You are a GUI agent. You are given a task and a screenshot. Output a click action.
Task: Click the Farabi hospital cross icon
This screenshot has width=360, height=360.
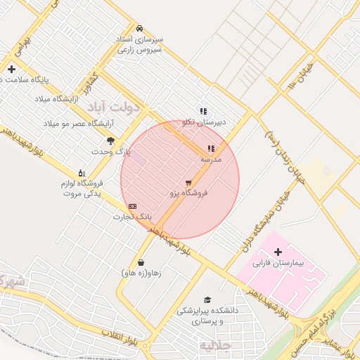278,252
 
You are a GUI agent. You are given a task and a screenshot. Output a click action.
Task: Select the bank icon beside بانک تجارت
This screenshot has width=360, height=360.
133,206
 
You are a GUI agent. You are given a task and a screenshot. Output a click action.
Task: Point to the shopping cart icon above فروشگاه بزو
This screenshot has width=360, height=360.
188,183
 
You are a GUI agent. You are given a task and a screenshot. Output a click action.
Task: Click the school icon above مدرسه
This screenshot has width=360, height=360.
211,149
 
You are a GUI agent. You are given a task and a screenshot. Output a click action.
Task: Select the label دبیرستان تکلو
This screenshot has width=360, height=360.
203,122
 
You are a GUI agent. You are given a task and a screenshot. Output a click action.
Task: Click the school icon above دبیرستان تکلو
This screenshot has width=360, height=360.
203,111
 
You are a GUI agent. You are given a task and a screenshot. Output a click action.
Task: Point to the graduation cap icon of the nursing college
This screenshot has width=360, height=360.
207,300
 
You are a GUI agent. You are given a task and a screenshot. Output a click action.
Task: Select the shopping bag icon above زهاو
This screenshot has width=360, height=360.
142,263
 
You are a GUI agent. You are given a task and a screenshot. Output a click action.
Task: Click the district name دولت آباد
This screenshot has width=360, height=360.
114,105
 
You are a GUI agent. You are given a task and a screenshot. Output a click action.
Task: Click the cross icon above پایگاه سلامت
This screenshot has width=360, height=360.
11,69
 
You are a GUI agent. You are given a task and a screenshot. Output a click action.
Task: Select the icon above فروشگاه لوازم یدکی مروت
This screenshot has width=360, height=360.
82,173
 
